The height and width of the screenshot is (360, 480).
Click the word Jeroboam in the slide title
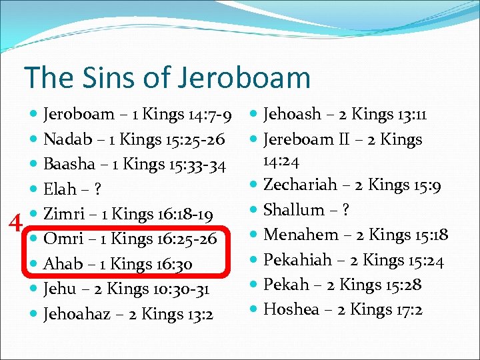[x=245, y=77]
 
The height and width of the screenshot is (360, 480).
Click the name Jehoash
[x=293, y=115]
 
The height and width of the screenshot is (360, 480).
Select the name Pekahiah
[x=297, y=260]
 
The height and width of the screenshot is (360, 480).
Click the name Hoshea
[x=290, y=309]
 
